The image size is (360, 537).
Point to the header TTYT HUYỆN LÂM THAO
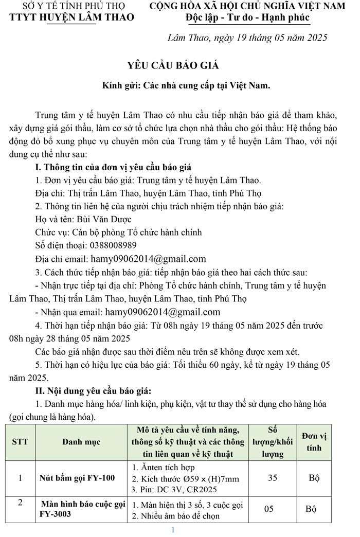72,17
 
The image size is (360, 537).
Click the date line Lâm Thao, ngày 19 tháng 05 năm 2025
247,38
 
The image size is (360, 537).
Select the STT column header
20,441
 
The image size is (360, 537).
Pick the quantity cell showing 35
273,478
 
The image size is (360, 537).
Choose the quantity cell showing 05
269,509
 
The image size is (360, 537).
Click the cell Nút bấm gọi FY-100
77,478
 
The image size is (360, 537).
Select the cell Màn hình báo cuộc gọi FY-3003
82,509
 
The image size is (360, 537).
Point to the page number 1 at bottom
173,530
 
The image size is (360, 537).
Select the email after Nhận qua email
163,312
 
